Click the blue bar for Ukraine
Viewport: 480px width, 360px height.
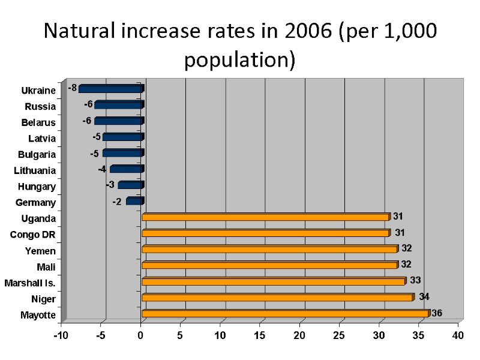click(111, 89)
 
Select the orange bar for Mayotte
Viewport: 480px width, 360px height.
click(285, 313)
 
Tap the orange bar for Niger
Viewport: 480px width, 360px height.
click(277, 297)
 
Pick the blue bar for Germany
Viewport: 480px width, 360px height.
click(134, 201)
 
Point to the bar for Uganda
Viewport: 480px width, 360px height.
click(265, 217)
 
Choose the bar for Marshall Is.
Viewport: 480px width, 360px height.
click(273, 281)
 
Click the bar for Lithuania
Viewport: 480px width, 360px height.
click(127, 169)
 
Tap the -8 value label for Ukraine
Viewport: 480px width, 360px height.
click(72, 88)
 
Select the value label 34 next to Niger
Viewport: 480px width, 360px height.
click(424, 296)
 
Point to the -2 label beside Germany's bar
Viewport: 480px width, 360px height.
click(117, 202)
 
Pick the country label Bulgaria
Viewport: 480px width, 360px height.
click(37, 154)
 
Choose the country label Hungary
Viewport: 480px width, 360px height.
click(37, 187)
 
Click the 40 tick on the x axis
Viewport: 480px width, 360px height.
click(458, 335)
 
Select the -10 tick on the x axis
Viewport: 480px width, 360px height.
click(61, 335)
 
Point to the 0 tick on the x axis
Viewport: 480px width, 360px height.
click(141, 335)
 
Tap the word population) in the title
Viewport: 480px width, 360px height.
click(240, 60)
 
